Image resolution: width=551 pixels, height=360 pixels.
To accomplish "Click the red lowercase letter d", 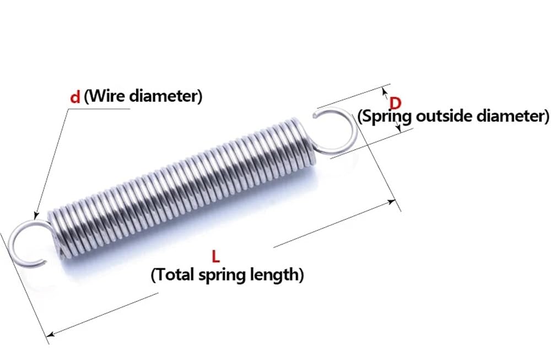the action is pos(75,96).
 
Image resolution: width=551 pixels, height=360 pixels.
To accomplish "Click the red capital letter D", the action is pos(395,103).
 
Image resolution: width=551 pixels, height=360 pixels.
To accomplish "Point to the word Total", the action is pos(175,274).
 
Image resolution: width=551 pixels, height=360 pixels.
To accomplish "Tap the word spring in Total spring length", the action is pos(223,276).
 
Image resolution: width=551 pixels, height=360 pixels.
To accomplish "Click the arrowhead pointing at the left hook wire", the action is pos(35,216).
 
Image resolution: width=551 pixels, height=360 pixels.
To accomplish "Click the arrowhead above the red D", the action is pos(385,92).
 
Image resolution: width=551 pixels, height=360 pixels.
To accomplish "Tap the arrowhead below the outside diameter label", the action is pos(398,129).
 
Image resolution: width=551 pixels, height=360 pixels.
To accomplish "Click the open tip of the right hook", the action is pos(315,114).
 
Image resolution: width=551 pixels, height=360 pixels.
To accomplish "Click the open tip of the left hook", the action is pos(44,261).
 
